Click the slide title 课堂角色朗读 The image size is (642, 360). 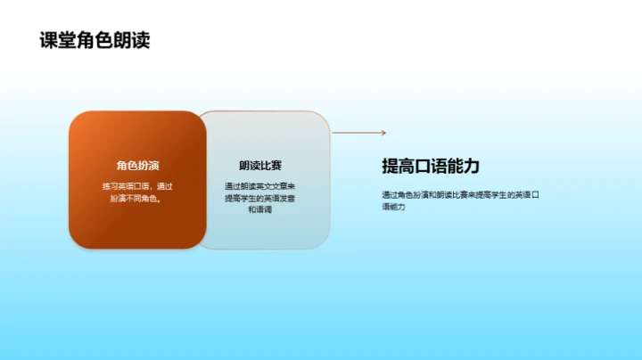95,41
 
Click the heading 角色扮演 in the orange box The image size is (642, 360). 137,165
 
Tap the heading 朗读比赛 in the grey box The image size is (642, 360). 260,165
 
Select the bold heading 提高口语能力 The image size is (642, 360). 431,166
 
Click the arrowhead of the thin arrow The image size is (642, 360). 383,133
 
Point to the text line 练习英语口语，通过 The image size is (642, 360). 137,186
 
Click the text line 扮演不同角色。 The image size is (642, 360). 137,198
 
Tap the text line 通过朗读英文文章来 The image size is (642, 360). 260,186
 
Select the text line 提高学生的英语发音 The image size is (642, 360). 260,198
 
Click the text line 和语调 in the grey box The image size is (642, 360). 260,210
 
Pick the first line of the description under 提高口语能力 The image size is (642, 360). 461,194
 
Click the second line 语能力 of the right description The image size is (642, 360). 393,207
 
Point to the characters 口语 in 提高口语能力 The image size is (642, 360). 431,166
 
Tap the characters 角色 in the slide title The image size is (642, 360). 95,41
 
